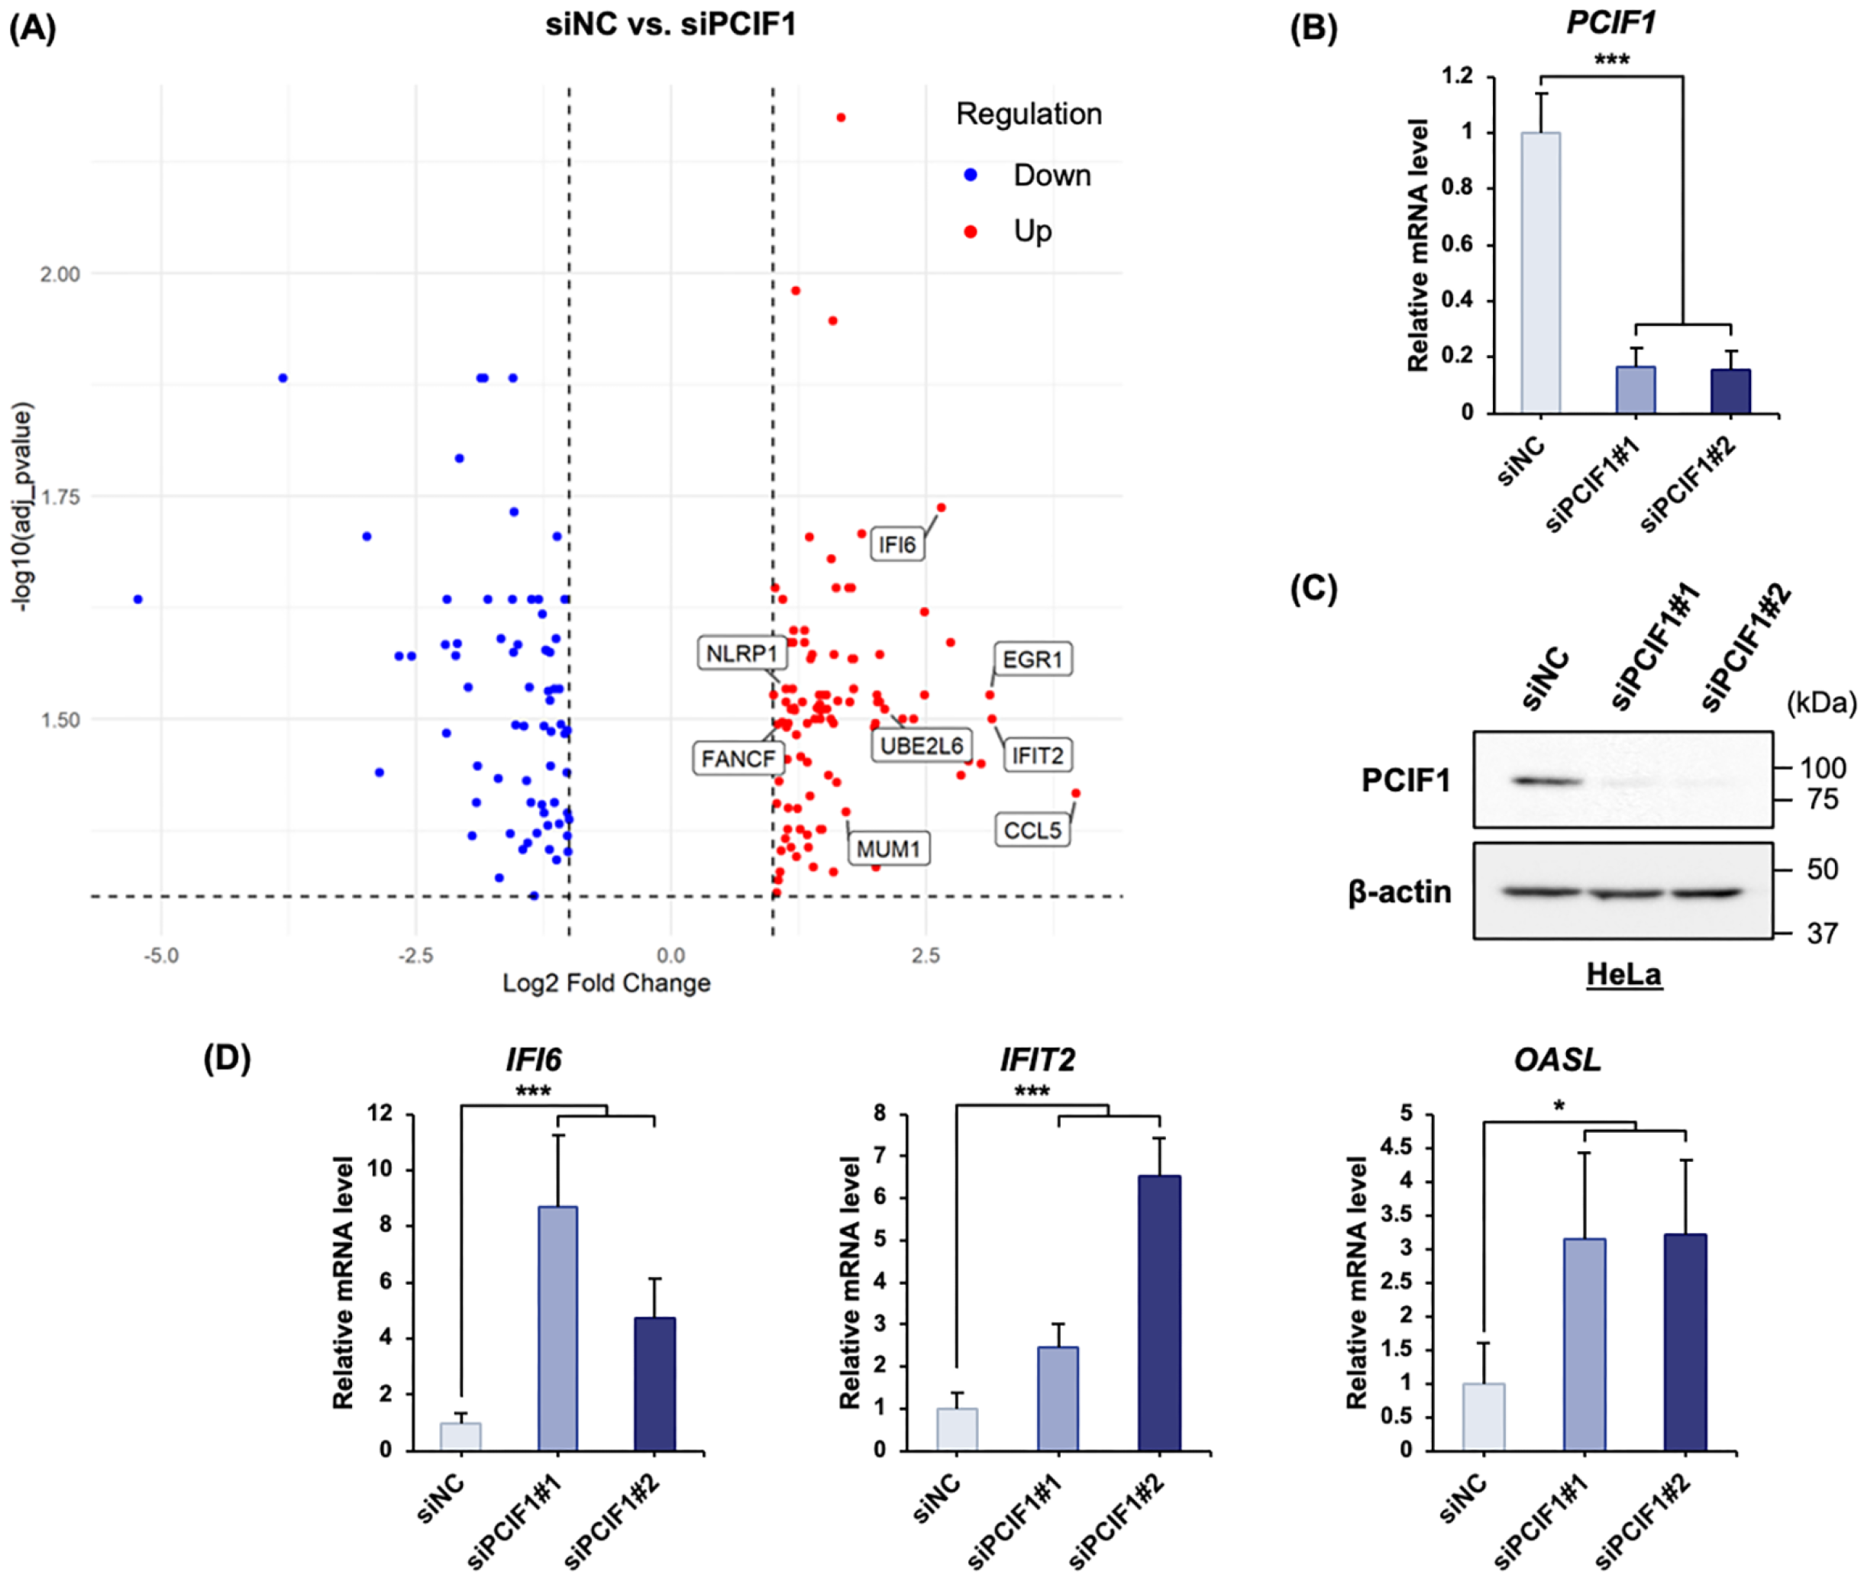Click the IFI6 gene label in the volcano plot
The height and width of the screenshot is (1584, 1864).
pyautogui.click(x=896, y=544)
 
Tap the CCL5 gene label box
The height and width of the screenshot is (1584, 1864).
pyautogui.click(x=1031, y=830)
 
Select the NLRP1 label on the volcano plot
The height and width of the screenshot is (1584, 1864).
pyautogui.click(x=741, y=653)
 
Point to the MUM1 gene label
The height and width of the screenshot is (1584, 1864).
pyautogui.click(x=887, y=849)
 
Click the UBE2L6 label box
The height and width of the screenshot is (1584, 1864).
pyautogui.click(x=921, y=745)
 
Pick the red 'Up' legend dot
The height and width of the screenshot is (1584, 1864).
pyautogui.click(x=970, y=231)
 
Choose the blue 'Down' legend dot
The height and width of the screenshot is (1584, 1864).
pyautogui.click(x=970, y=175)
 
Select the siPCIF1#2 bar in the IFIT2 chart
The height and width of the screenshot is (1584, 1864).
pyautogui.click(x=1159, y=1312)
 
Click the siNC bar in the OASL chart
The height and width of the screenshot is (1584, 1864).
pyautogui.click(x=1483, y=1416)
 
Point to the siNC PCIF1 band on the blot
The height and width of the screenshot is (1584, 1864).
pyautogui.click(x=1546, y=780)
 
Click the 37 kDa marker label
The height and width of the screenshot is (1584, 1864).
pyautogui.click(x=1821, y=934)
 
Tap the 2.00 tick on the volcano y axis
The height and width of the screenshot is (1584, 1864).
pyautogui.click(x=60, y=274)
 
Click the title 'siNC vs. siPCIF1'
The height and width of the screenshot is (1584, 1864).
pyautogui.click(x=670, y=24)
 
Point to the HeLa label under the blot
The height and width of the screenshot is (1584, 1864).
pyautogui.click(x=1623, y=974)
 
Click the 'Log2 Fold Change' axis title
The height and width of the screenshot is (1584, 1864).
pyautogui.click(x=606, y=983)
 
